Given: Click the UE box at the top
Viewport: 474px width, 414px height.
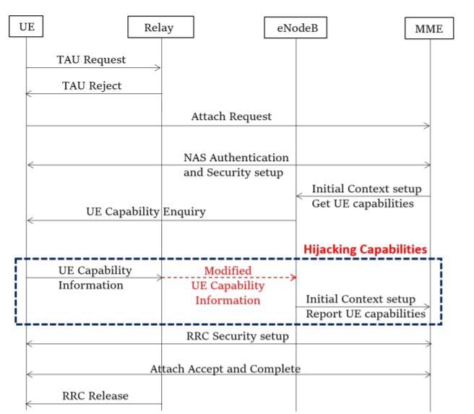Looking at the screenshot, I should pyautogui.click(x=26, y=27).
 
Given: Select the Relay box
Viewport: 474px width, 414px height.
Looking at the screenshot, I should pyautogui.click(x=160, y=27).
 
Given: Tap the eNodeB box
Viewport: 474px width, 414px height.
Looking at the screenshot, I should pyautogui.click(x=296, y=28).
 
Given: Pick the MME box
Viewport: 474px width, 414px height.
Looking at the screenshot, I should pyautogui.click(x=429, y=28).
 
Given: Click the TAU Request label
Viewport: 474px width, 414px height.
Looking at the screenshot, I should pyautogui.click(x=91, y=60).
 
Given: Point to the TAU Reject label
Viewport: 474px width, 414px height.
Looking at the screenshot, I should pyautogui.click(x=92, y=85).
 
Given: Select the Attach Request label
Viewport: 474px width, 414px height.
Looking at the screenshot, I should pyautogui.click(x=231, y=116).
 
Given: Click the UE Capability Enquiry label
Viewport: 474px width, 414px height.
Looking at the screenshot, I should pyautogui.click(x=145, y=212).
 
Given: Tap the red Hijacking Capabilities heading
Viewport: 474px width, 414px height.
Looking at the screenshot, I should pyautogui.click(x=365, y=249).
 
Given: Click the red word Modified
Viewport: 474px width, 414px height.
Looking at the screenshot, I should pyautogui.click(x=228, y=271).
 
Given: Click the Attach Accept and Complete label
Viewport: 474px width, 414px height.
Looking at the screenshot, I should pyautogui.click(x=225, y=368).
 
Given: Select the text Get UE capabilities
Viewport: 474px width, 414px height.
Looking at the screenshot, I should pyautogui.click(x=363, y=203).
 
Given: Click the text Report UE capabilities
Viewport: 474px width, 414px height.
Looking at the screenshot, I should pyautogui.click(x=366, y=314).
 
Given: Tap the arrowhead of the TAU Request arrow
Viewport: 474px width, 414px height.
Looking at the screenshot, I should pyautogui.click(x=158, y=68).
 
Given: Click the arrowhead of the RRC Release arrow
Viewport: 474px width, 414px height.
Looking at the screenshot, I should pyautogui.click(x=28, y=404).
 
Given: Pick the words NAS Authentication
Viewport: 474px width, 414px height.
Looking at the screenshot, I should pyautogui.click(x=236, y=157).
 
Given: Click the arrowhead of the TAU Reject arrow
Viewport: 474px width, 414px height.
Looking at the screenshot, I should pyautogui.click(x=28, y=93).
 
